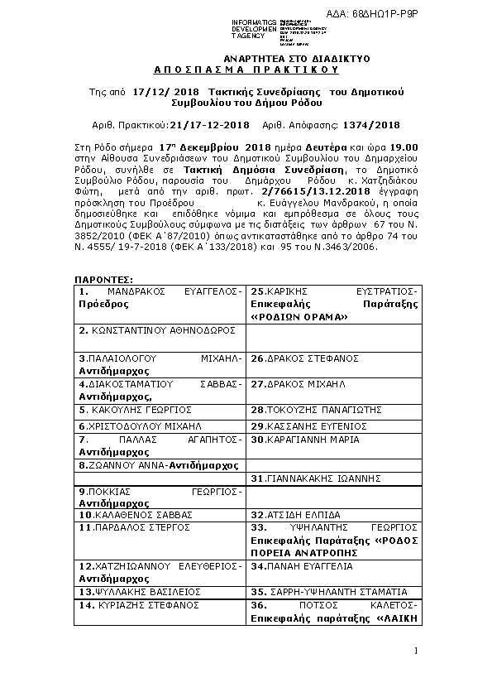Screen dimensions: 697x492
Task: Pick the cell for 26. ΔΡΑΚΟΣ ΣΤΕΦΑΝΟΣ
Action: (x=304, y=358)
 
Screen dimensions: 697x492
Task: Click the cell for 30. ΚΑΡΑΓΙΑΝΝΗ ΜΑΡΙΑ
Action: (x=305, y=439)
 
